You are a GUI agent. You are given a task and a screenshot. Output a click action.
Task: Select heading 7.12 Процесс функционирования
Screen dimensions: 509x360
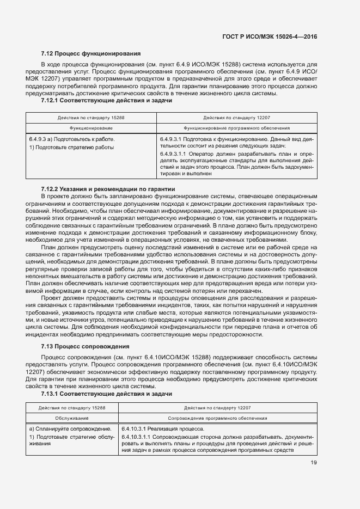pos(91,54)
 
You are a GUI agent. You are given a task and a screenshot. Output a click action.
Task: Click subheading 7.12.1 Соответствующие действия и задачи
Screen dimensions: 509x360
pos(107,101)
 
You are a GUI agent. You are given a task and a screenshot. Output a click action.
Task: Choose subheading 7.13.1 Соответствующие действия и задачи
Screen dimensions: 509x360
pos(107,393)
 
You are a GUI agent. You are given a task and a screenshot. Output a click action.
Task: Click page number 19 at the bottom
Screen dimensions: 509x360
pos(314,463)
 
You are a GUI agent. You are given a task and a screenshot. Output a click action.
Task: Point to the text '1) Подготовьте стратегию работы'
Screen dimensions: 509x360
pos(71,147)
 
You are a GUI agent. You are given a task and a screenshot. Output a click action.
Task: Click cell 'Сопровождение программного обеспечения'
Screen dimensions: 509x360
pos(217,418)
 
